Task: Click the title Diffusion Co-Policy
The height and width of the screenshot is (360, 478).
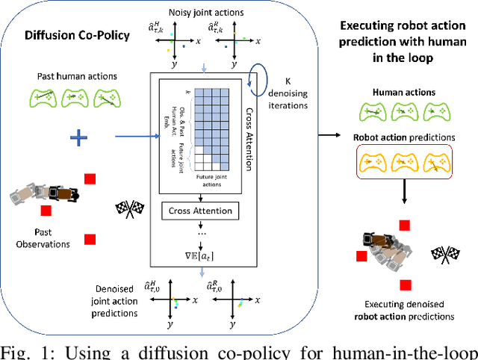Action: click(69, 34)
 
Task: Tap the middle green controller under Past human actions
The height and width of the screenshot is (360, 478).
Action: click(75, 99)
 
